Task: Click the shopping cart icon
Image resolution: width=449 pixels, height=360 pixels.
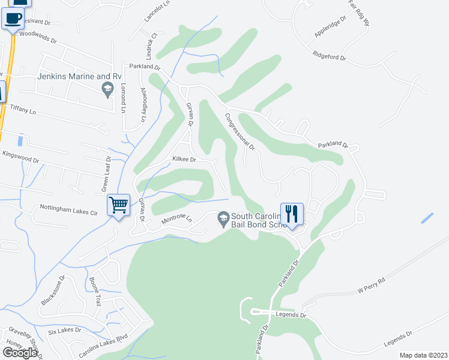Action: point(119,205)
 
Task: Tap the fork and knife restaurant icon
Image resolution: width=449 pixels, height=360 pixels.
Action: point(292,214)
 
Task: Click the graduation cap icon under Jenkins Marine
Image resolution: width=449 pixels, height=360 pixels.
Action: point(107,90)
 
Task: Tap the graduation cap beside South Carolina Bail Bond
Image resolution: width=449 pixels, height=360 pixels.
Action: point(223,217)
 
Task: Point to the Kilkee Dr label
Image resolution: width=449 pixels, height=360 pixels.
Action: point(184,160)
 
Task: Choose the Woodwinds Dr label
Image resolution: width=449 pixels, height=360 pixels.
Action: point(37,38)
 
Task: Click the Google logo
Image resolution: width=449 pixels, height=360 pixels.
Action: point(20,353)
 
